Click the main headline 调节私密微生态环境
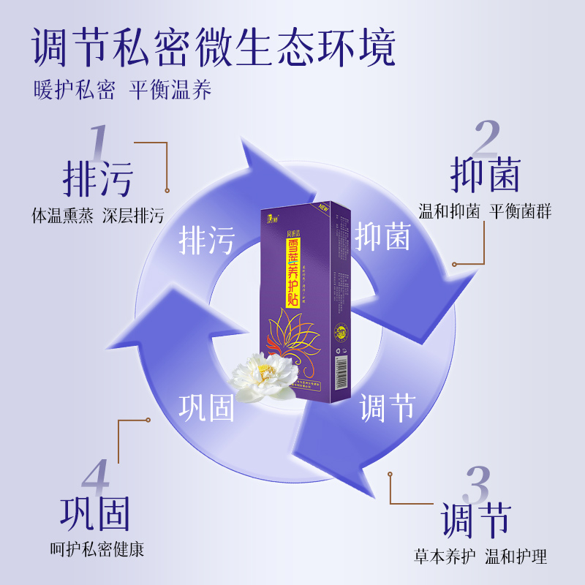tap(214, 48)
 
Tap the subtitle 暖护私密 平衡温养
tap(122, 89)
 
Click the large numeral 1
tap(98, 141)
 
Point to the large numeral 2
tap(486, 137)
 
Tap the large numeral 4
tap(96, 479)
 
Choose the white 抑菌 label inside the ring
tap(382, 235)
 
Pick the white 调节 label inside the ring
tap(387, 407)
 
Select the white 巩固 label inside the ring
tap(207, 407)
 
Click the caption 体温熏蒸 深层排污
tap(98, 216)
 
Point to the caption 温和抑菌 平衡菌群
tap(485, 212)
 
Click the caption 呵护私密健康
tap(97, 549)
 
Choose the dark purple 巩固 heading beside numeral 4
tap(96, 514)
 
